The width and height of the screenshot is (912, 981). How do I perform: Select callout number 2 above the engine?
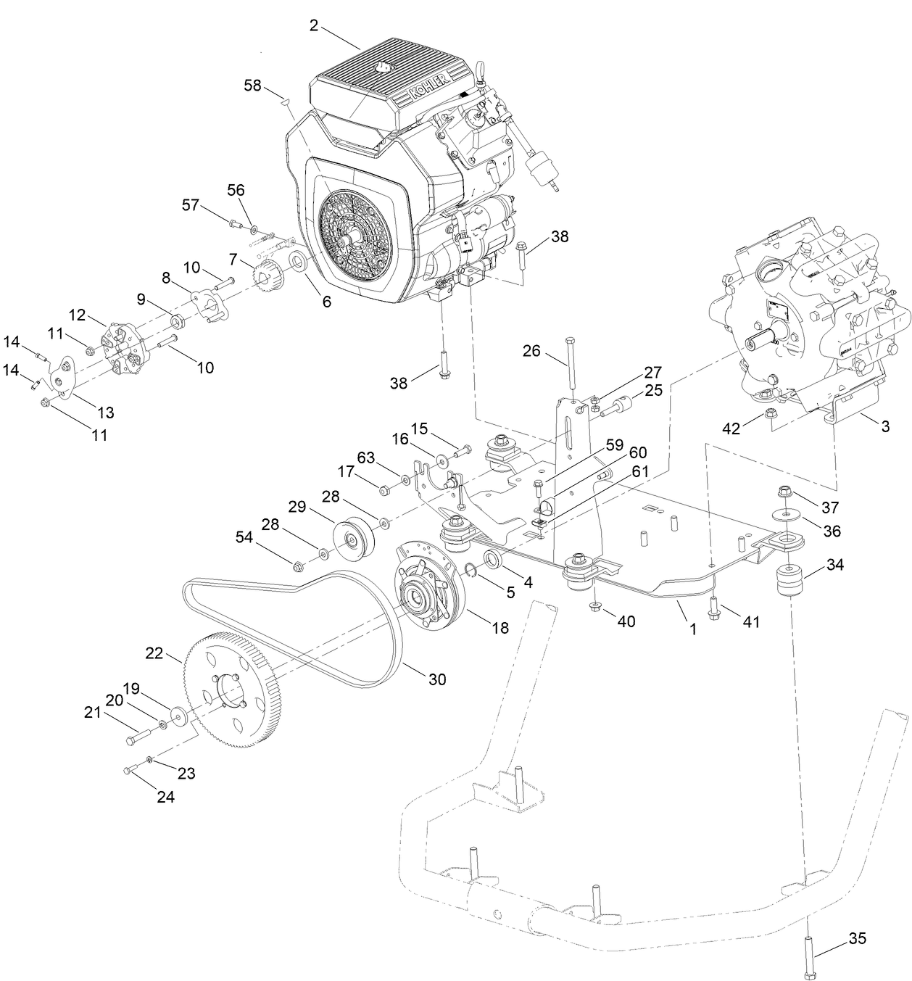coord(313,25)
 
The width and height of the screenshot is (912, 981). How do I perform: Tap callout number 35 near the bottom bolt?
coord(857,939)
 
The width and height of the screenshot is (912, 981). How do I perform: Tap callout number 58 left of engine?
coord(252,86)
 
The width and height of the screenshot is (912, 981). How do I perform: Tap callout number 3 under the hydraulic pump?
coord(885,426)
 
